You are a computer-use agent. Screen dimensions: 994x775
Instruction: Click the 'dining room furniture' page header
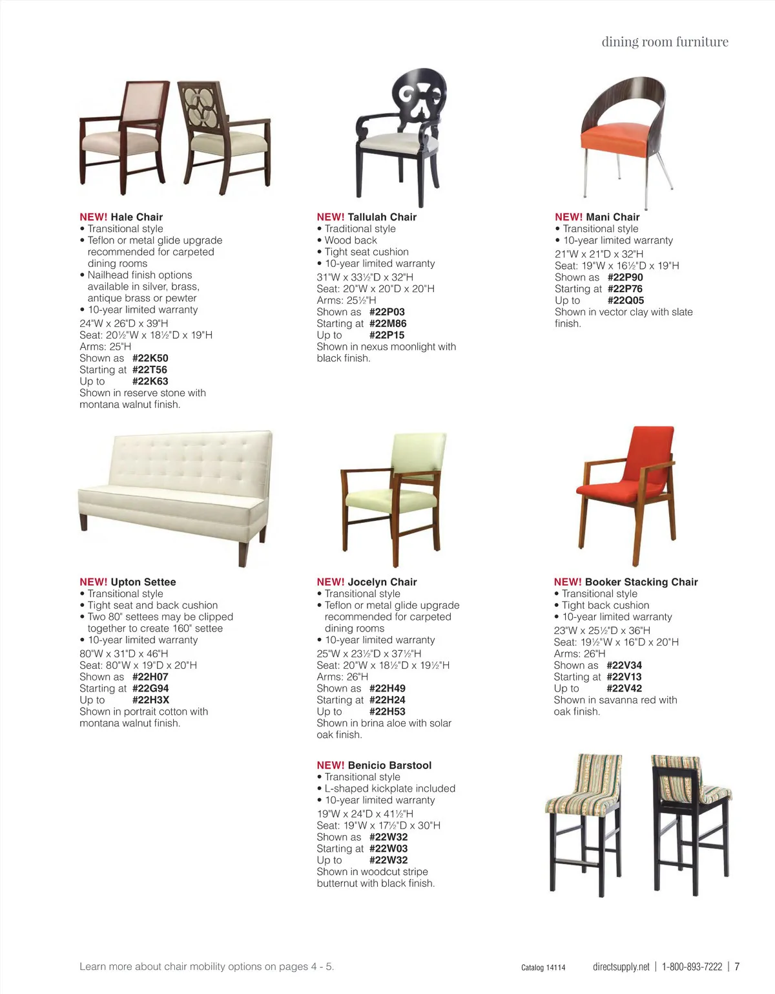click(x=665, y=42)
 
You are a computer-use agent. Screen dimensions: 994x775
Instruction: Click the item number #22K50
click(x=150, y=358)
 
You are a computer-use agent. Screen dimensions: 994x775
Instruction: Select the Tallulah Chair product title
click(x=382, y=217)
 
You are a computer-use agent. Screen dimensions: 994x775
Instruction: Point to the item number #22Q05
click(x=625, y=301)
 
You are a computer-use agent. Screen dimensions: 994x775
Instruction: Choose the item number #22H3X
click(x=150, y=700)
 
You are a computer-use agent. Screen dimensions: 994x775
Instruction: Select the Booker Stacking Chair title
click(x=641, y=582)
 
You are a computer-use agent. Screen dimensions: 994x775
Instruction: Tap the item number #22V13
click(x=624, y=677)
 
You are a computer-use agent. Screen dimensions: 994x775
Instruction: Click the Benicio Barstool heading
click(x=389, y=765)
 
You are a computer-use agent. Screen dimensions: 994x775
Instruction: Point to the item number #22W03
click(x=388, y=849)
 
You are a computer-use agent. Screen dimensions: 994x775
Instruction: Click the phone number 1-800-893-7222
click(x=692, y=967)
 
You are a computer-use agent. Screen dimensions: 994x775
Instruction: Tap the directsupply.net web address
click(x=621, y=967)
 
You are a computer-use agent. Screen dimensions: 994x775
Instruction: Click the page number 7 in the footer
click(x=737, y=967)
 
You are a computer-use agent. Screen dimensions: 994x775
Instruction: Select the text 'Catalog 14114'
click(x=543, y=968)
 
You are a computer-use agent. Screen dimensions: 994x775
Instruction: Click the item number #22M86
click(x=387, y=324)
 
